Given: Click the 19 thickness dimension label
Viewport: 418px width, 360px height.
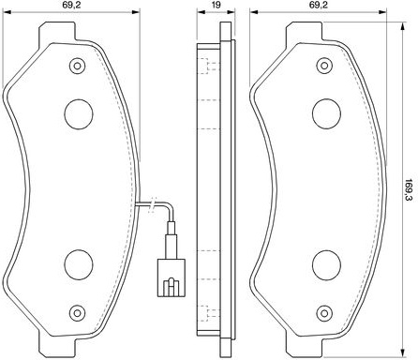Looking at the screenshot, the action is click(x=216, y=5).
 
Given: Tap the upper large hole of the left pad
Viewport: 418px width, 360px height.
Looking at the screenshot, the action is click(x=79, y=114).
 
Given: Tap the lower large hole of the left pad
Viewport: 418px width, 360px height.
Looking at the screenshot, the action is click(x=79, y=264).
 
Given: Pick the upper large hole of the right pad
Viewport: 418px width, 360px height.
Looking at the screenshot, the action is click(x=326, y=113).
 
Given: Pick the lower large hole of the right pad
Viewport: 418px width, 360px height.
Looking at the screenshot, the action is click(x=326, y=265).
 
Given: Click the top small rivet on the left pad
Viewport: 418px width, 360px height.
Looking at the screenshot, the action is click(x=78, y=66).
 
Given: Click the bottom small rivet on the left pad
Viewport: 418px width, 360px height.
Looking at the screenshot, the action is click(x=78, y=313).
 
